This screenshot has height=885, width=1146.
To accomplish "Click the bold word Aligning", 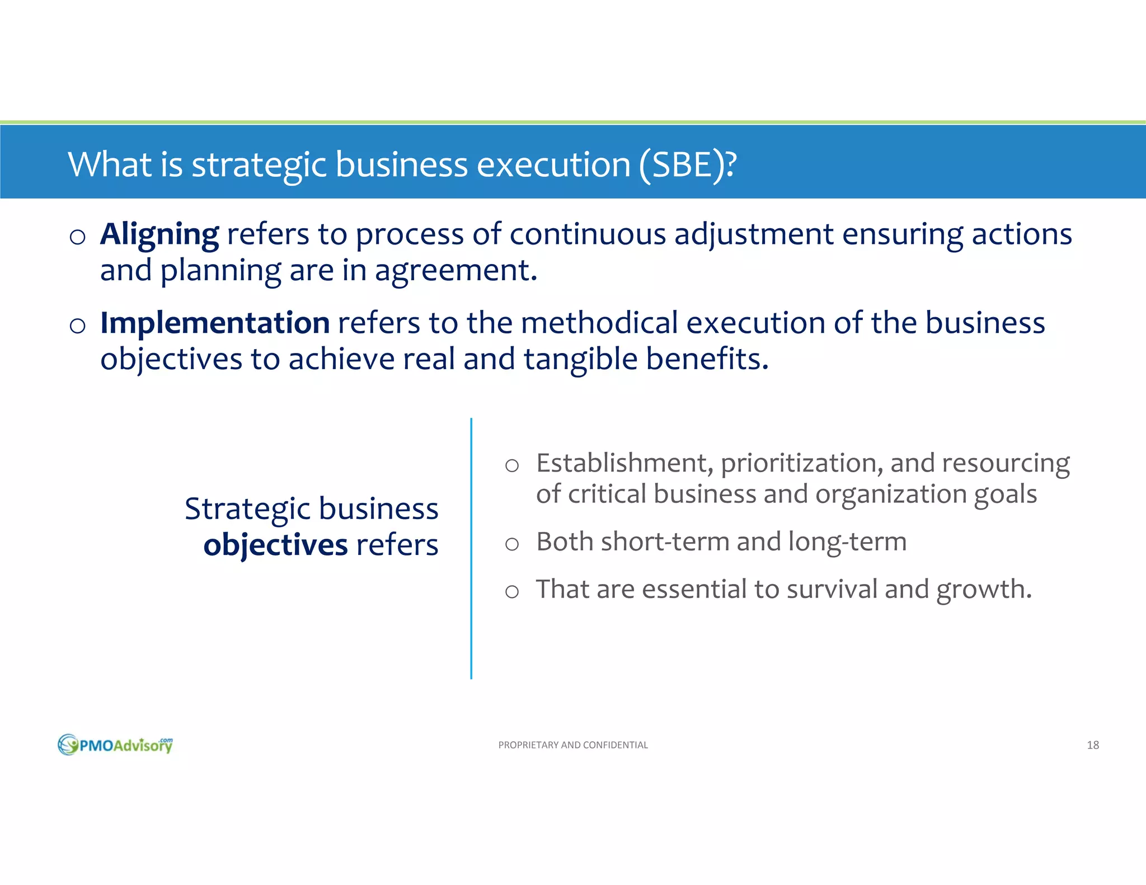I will click(159, 234).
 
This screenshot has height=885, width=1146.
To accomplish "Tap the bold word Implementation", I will click(215, 323).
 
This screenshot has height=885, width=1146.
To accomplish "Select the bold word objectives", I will click(275, 544).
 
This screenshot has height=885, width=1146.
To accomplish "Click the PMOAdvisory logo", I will click(115, 745).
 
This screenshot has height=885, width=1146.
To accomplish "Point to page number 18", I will click(1092, 745).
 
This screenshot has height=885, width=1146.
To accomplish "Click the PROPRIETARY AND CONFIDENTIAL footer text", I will click(573, 745).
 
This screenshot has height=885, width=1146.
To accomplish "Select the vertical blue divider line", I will click(471, 548).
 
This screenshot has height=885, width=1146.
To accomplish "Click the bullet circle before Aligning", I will click(78, 237).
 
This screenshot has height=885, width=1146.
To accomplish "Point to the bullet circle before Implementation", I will click(78, 326).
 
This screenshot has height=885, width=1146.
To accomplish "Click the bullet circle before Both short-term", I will click(511, 544).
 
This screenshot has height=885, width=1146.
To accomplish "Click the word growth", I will click(984, 590).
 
